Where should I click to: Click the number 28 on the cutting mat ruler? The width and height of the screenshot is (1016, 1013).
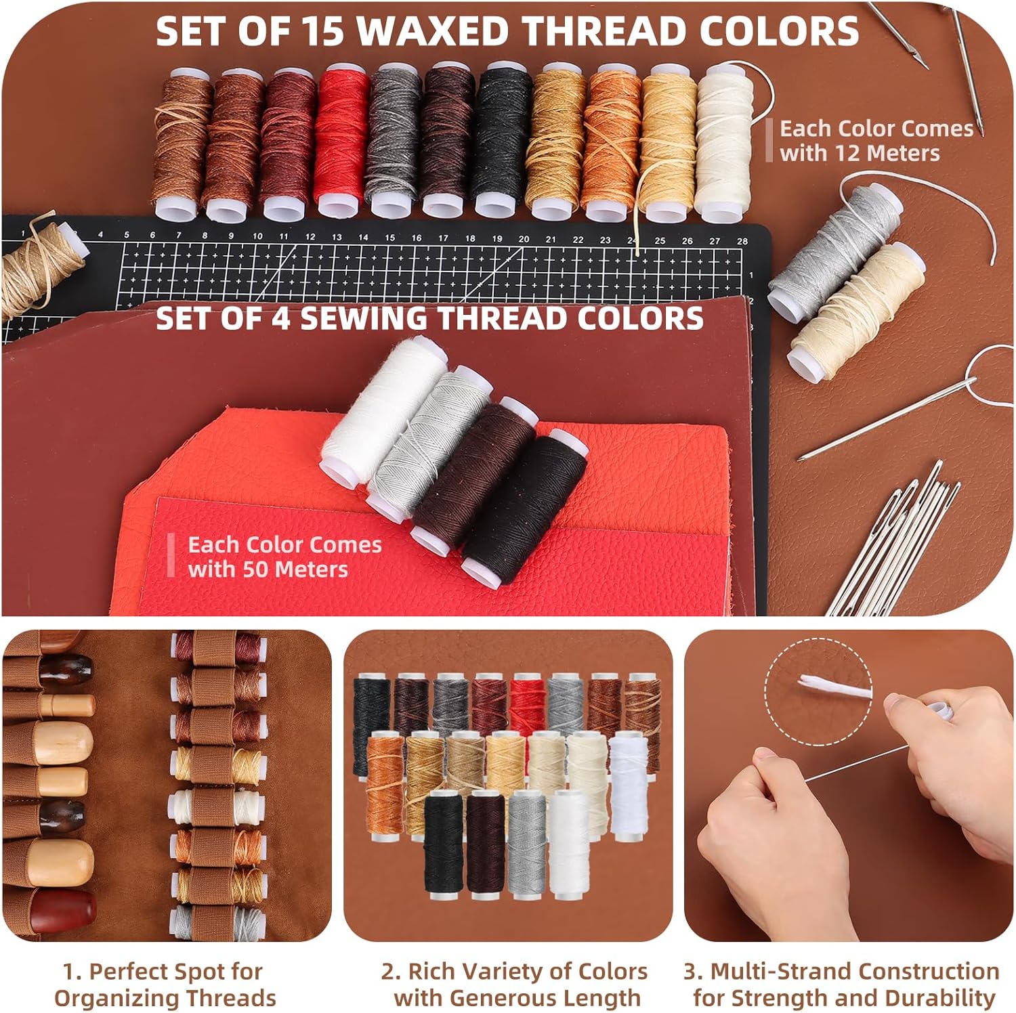pyautogui.click(x=742, y=241)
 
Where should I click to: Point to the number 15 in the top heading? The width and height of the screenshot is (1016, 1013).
pyautogui.click(x=320, y=31)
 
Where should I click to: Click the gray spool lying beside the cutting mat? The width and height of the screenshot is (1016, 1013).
pyautogui.click(x=834, y=246)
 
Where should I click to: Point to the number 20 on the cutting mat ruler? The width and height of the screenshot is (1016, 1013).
pyautogui.click(x=524, y=239)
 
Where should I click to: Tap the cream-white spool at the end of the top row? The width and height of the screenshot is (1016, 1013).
pyautogui.click(x=724, y=142)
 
